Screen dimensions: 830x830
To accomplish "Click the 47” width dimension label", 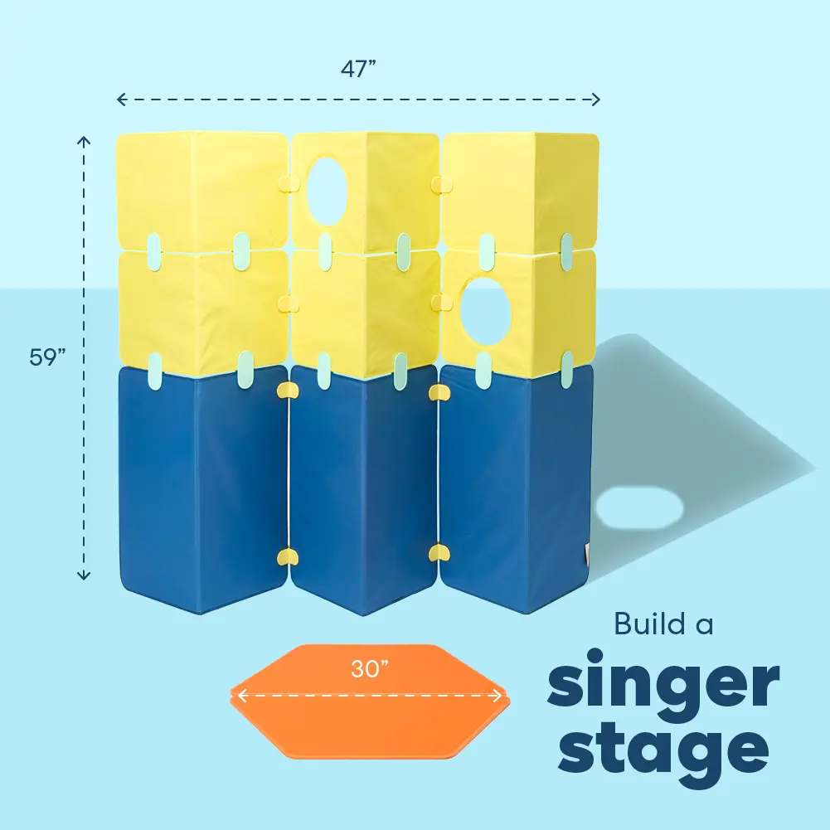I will point(359,69).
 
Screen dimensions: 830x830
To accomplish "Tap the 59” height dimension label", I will point(47,357).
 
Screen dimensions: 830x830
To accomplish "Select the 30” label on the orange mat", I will point(370,669).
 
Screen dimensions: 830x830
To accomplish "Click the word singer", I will point(663,685).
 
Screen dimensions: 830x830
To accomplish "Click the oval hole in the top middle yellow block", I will point(328,190).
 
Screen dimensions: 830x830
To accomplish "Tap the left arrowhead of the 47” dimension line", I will point(120,100).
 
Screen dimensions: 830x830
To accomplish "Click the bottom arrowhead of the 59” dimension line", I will point(83,575).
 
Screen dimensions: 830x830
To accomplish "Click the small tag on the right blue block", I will point(588,553).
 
